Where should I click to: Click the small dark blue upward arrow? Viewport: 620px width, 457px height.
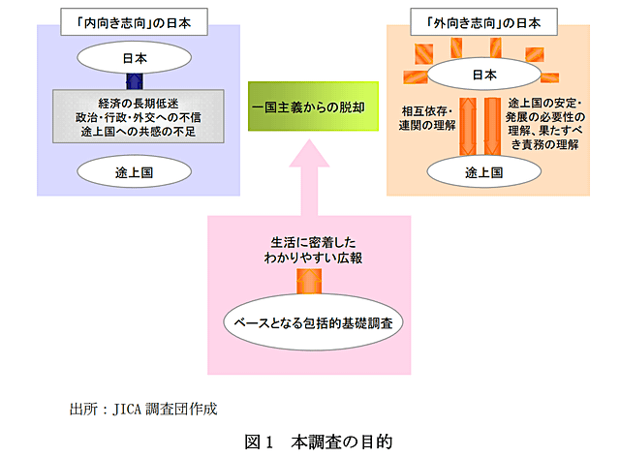click(135, 79)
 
